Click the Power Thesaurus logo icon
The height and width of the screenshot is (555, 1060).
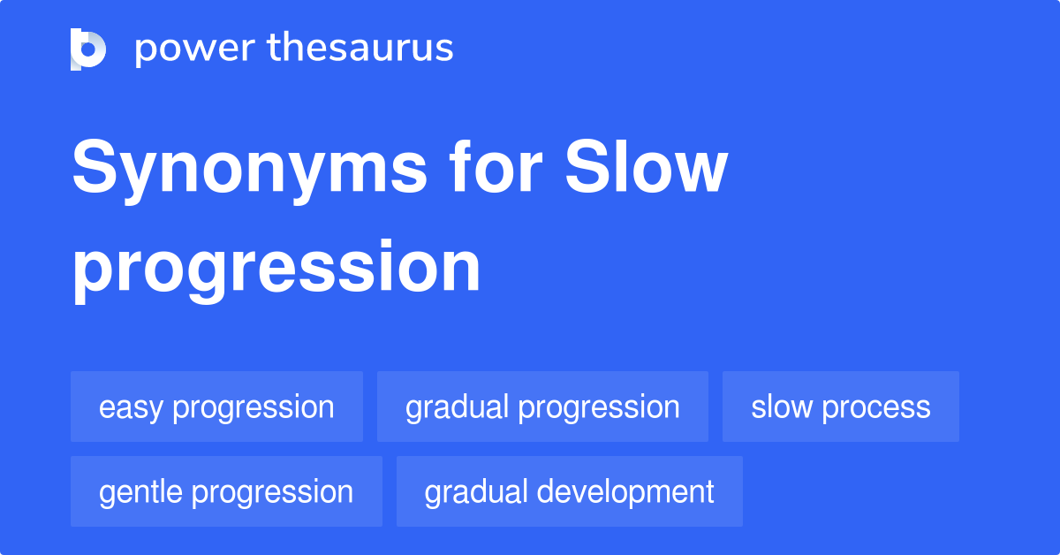click(88, 49)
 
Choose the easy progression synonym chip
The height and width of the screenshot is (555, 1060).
click(216, 407)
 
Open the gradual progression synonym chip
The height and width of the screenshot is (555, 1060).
click(542, 407)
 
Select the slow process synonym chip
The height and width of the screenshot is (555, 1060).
click(840, 407)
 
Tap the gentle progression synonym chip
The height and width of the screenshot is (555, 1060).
click(226, 491)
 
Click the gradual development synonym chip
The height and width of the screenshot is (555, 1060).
click(569, 491)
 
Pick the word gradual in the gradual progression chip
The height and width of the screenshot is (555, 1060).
click(457, 407)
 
